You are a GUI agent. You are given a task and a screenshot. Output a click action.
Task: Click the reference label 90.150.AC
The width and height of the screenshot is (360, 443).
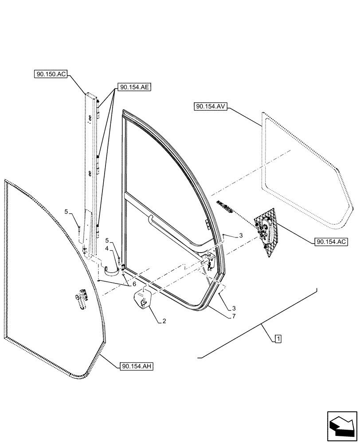[x=50, y=74]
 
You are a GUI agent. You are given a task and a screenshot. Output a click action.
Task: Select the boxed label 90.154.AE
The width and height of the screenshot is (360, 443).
[x=134, y=87]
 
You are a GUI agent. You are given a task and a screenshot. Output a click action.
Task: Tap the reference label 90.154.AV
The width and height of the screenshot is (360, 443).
[x=210, y=107]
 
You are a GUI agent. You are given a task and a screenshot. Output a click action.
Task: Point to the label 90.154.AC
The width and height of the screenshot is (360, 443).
[x=332, y=242]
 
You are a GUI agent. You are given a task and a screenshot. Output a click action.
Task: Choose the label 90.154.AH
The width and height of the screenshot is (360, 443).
[x=136, y=366]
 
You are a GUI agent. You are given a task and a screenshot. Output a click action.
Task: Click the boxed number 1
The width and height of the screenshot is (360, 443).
[x=277, y=339]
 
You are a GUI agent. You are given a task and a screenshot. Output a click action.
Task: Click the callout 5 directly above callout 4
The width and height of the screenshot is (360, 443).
[x=107, y=241]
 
